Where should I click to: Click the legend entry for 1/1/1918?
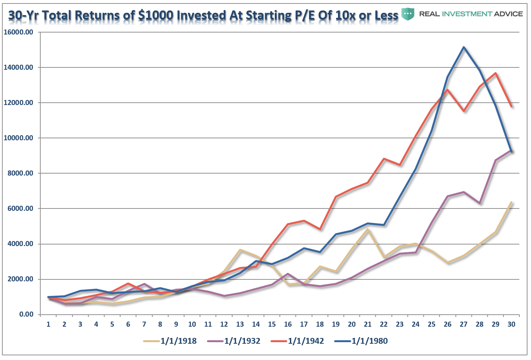[x=170, y=341]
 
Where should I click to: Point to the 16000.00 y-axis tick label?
[x=18, y=32]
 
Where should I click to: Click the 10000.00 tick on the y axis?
[x=18, y=138]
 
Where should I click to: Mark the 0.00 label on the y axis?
[x=26, y=314]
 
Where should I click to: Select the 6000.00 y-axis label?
[x=20, y=208]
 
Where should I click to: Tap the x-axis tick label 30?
[x=511, y=324]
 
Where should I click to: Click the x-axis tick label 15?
[x=272, y=324]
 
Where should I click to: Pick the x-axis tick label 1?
[x=48, y=324]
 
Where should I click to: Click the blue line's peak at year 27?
[x=464, y=47]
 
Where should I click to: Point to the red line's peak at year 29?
[x=495, y=73]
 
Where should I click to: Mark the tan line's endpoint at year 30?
[x=511, y=202]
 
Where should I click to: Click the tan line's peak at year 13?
[x=240, y=250]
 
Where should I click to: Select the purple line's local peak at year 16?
[x=288, y=274]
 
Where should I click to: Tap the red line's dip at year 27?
[x=464, y=111]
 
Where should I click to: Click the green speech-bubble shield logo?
[x=408, y=14]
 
